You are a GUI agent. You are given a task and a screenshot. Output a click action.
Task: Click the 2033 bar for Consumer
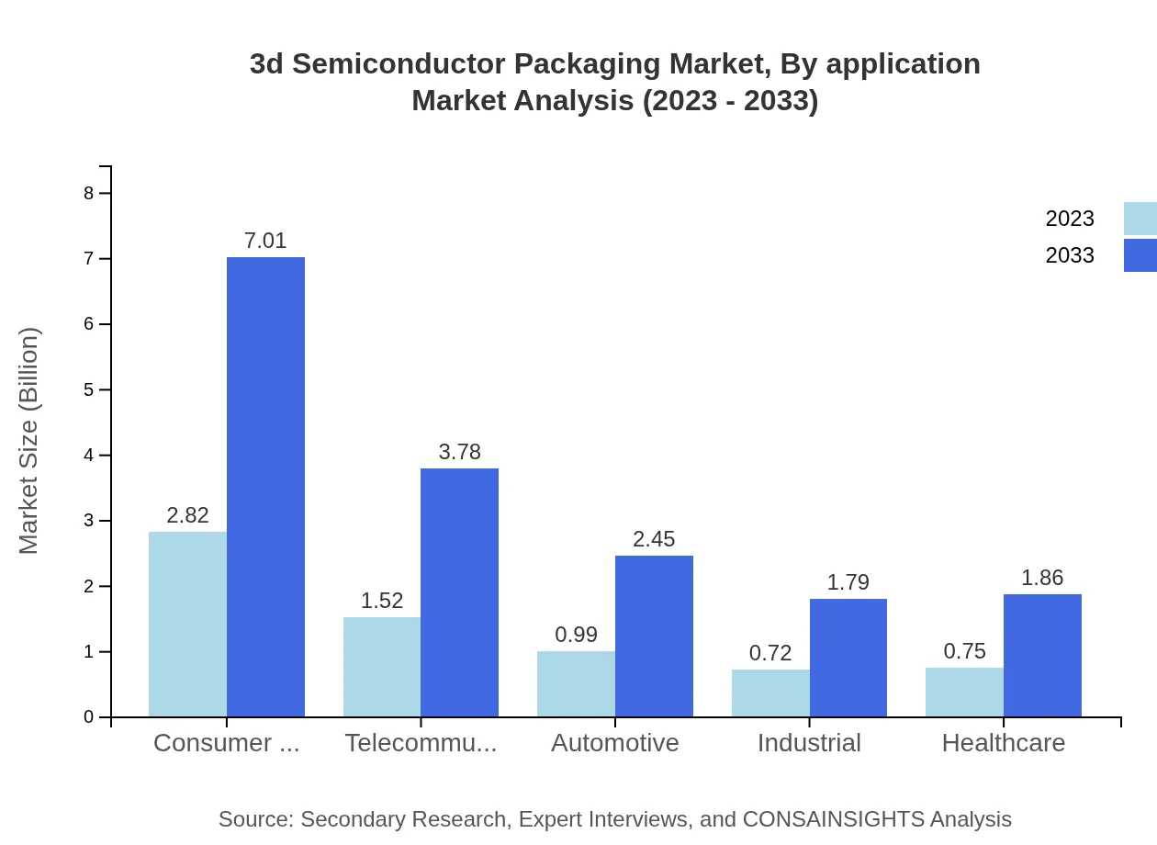point(265,487)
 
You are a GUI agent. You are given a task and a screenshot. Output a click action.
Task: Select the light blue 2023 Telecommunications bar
point(382,667)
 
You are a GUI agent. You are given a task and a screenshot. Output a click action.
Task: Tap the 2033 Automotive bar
point(654,636)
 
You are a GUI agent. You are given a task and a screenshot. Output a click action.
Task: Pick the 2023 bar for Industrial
point(770,693)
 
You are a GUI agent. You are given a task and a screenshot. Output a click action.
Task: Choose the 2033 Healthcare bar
point(1042,655)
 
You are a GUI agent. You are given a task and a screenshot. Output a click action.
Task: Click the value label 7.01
point(265,241)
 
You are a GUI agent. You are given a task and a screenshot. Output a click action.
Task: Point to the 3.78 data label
point(459,452)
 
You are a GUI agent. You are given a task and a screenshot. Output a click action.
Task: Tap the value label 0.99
point(576,635)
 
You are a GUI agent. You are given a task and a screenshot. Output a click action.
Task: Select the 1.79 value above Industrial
point(848,582)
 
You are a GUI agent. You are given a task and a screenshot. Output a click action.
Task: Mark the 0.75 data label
point(964,651)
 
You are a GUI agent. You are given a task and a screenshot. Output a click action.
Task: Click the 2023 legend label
point(1070,219)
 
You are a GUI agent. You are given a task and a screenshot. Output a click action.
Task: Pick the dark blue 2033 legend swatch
point(1140,255)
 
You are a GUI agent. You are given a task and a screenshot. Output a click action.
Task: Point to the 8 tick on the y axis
point(89,193)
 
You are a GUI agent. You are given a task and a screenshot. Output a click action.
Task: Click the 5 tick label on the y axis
point(89,389)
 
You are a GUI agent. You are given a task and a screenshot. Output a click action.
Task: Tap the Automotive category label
point(615,743)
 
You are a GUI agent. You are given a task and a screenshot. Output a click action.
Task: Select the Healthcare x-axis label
point(1004,743)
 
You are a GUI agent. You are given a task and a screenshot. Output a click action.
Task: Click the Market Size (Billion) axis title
point(29,441)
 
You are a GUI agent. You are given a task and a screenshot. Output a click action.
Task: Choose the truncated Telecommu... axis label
point(421,743)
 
